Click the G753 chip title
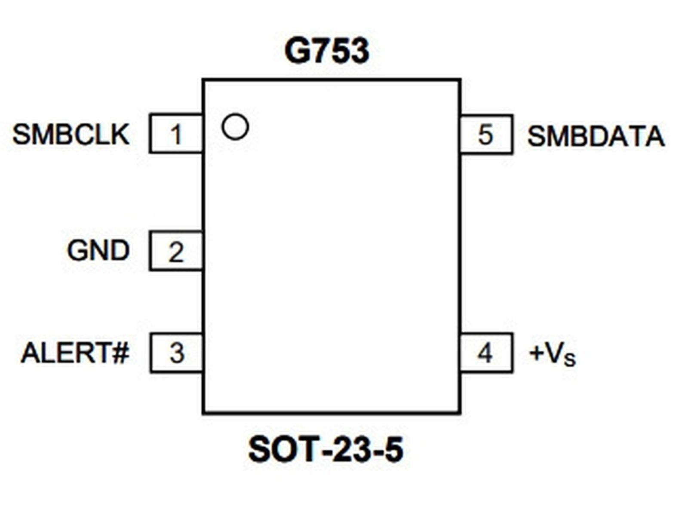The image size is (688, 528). tap(326, 51)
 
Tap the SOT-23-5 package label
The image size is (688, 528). tap(326, 449)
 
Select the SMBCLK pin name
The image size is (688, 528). tap(71, 135)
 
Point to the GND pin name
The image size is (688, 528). tap(98, 251)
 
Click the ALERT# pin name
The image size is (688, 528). tap(75, 353)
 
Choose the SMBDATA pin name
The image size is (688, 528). tap(596, 137)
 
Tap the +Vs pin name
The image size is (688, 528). tap(552, 354)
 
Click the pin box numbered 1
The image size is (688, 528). tap(176, 134)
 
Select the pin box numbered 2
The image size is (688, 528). tap(176, 251)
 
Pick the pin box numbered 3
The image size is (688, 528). tap(176, 353)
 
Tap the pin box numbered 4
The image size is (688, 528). tap(486, 353)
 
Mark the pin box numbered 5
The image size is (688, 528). tap(486, 135)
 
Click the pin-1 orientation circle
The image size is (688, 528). tap(235, 127)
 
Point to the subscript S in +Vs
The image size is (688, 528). tap(570, 359)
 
